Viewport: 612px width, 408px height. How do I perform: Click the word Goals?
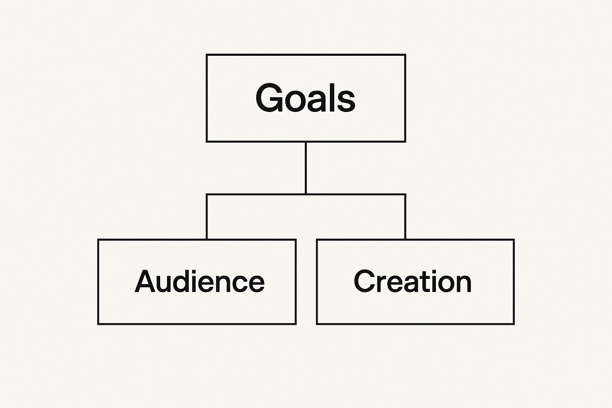[x=305, y=98]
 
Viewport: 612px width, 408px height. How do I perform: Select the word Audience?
[x=199, y=281]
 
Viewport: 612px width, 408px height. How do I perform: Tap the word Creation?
[x=412, y=281]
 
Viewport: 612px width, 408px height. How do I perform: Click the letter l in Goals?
[x=330, y=97]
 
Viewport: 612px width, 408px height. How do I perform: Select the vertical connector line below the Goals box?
[x=306, y=167]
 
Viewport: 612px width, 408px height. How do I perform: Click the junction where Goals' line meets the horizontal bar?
[x=306, y=194]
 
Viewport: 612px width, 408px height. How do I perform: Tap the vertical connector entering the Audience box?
[x=207, y=217]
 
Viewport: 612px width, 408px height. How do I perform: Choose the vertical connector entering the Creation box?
[x=405, y=217]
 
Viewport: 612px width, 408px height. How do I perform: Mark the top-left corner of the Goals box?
[x=207, y=55]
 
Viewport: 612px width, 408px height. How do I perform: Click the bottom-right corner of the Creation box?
[x=514, y=324]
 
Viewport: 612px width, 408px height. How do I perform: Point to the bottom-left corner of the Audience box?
[x=98, y=324]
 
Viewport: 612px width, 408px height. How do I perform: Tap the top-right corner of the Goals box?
[x=405, y=55]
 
